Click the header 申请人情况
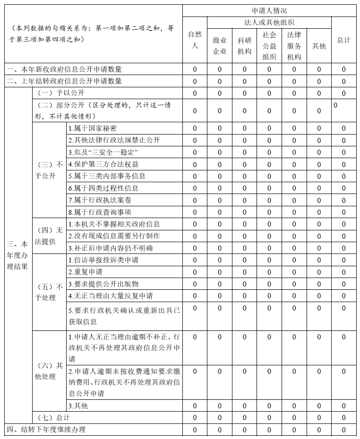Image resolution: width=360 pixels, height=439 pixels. pyautogui.click(x=269, y=10)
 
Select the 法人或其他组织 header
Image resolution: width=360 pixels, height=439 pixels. pyautogui.click(x=269, y=22)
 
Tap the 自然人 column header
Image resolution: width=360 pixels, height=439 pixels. pyautogui.click(x=195, y=40)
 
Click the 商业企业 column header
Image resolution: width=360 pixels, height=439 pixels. pyautogui.click(x=220, y=46)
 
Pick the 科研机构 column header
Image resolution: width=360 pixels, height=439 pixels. pyautogui.click(x=244, y=46)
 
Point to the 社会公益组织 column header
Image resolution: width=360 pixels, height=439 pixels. pyautogui.click(x=269, y=46)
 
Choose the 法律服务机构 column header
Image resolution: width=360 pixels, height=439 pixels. pyautogui.click(x=294, y=46)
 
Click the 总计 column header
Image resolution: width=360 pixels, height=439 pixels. pyautogui.click(x=344, y=40)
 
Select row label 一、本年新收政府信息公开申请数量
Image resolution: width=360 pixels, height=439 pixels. pyautogui.click(x=64, y=69)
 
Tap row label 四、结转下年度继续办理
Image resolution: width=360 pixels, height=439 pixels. pyautogui.click(x=46, y=430)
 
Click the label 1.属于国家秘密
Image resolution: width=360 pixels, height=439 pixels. pyautogui.click(x=93, y=128)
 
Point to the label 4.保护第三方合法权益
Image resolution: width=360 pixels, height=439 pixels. pyautogui.click(x=103, y=164)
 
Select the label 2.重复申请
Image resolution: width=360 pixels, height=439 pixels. pyautogui.click(x=86, y=272)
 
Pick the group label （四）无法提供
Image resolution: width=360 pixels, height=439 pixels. pyautogui.click(x=49, y=236)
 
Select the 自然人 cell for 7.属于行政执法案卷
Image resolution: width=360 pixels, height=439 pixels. pyautogui.click(x=195, y=200)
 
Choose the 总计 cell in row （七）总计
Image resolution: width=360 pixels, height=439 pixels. pyautogui.click(x=344, y=418)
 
